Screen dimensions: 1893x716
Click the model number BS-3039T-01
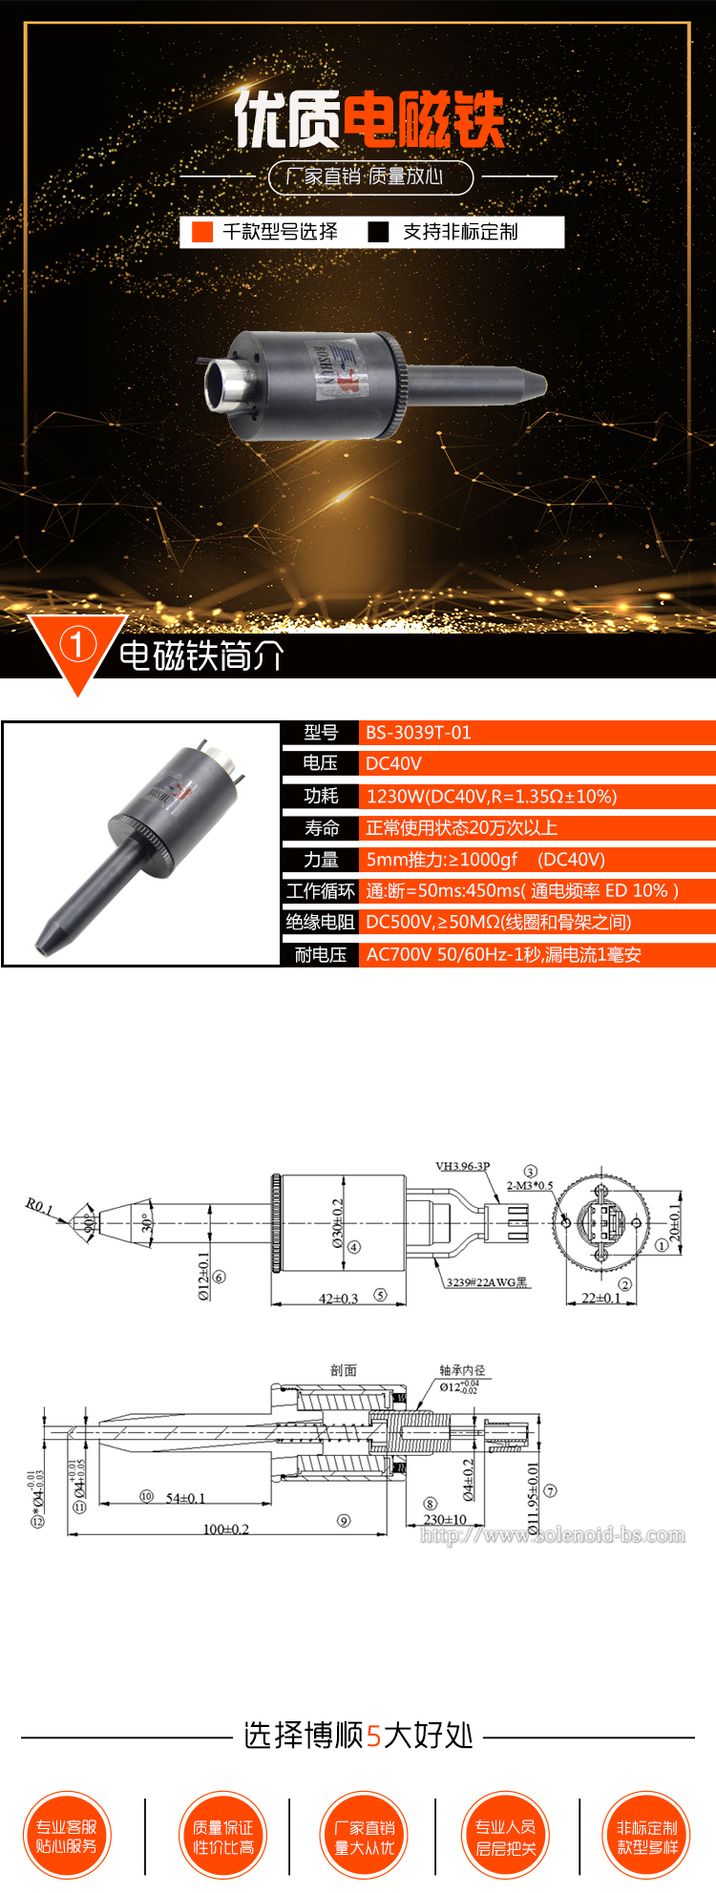point(418,733)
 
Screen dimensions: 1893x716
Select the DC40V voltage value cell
point(393,763)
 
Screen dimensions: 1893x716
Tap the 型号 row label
point(321,733)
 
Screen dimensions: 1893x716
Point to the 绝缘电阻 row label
point(321,922)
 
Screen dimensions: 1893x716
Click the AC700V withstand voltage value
point(503,954)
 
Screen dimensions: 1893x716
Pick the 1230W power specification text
point(492,796)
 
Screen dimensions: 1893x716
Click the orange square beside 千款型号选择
point(202,232)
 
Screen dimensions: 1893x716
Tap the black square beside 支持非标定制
point(379,232)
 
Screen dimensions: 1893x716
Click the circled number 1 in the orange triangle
point(77,645)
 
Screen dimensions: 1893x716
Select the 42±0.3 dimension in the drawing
point(338,1299)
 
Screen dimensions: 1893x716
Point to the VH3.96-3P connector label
point(462,1166)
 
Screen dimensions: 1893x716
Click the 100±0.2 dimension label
point(225,1529)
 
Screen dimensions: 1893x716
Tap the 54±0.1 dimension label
point(185,1498)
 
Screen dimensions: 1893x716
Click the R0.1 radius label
point(39,1206)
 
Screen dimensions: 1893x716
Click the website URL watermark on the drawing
point(553,1535)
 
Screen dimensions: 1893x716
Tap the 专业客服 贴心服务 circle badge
point(67,1836)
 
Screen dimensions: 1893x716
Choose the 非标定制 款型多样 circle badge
point(647,1836)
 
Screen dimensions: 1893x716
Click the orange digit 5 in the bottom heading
point(373,1736)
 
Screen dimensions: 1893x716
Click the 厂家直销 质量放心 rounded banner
point(370,177)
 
